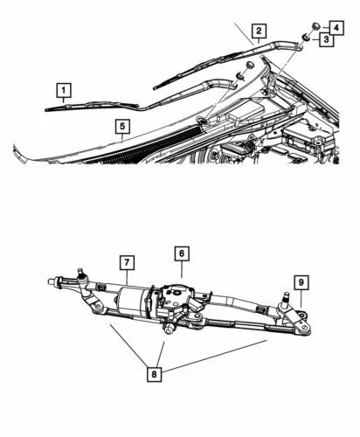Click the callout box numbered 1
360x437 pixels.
click(x=64, y=90)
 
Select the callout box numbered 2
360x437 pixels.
click(x=259, y=31)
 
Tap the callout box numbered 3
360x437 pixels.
click(x=326, y=39)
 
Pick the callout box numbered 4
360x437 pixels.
click(x=336, y=28)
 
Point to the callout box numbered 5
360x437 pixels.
click(x=122, y=126)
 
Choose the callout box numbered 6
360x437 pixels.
click(x=182, y=253)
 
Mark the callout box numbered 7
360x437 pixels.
click(x=127, y=263)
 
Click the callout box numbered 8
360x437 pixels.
click(x=154, y=374)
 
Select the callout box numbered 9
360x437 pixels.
click(x=301, y=282)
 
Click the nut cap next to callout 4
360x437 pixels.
click(x=316, y=26)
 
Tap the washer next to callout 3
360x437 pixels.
click(x=305, y=37)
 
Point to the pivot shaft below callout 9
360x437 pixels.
click(x=286, y=300)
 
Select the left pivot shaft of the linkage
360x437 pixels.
click(x=81, y=275)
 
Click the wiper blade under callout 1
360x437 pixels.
click(x=91, y=106)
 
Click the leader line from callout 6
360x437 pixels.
click(x=182, y=269)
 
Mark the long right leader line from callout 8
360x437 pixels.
click(x=214, y=356)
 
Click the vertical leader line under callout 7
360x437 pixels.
click(x=127, y=277)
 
